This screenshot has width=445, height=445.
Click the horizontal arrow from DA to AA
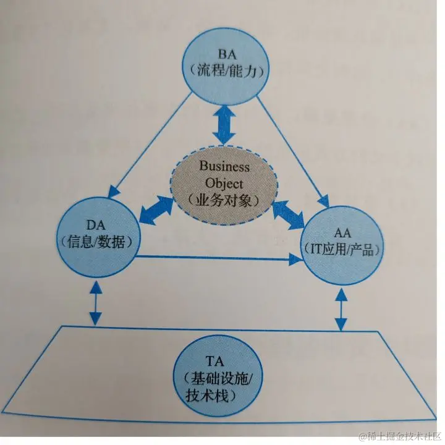(216, 259)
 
